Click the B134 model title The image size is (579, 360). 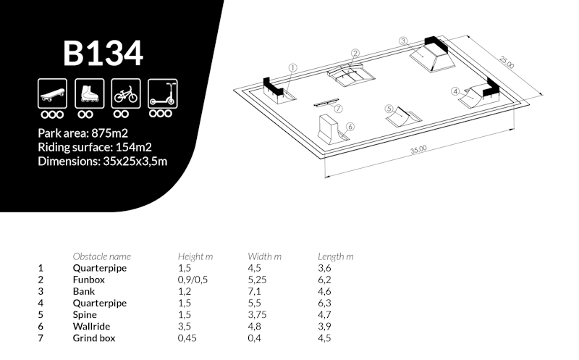(103, 53)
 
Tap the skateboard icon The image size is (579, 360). (52, 93)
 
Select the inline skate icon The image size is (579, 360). (89, 93)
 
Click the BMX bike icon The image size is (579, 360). (126, 93)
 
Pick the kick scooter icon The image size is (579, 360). (162, 93)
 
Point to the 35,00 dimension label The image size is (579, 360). (418, 149)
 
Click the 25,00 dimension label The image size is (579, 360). (506, 62)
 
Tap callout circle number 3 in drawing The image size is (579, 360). (403, 41)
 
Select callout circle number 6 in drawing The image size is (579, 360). (350, 127)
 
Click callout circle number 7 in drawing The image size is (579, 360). (338, 109)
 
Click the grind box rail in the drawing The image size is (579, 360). (326, 102)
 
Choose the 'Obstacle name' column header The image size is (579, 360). (101, 256)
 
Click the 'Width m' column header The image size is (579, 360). (264, 256)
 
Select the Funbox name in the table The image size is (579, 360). (88, 280)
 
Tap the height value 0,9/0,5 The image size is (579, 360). (193, 280)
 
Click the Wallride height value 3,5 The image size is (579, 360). (185, 327)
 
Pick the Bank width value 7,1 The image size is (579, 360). (254, 292)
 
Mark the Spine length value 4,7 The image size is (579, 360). (324, 315)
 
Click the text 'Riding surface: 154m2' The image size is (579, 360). (95, 148)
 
